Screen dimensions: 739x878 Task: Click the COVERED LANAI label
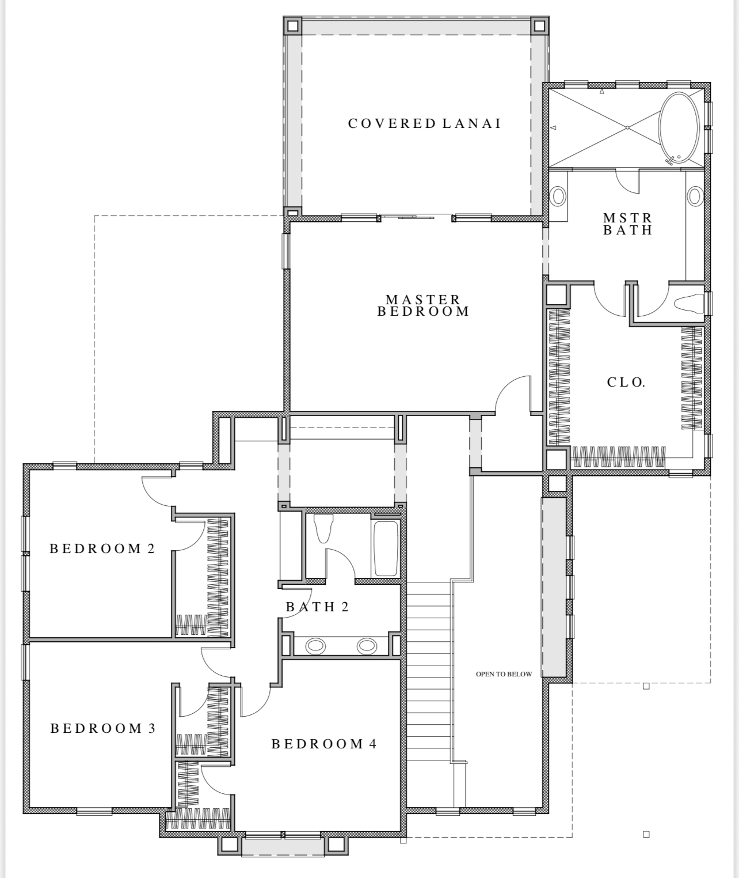pos(424,124)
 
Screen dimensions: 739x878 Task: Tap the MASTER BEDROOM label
pos(423,305)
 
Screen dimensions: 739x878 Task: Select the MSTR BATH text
pos(628,224)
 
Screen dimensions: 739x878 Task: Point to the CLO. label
pos(626,382)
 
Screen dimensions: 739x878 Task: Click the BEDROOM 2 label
pos(102,548)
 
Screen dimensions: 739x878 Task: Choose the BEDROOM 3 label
pos(103,728)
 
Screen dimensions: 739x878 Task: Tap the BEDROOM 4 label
pos(324,744)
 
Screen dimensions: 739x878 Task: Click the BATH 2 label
pos(317,607)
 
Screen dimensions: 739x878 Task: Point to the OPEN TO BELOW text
pos(504,674)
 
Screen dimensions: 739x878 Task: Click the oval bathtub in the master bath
pos(679,128)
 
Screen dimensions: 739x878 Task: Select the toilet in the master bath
pos(688,303)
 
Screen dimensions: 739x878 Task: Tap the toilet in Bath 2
pos(323,528)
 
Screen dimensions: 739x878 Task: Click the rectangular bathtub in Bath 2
pos(386,548)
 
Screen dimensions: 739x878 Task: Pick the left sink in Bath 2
pos(315,646)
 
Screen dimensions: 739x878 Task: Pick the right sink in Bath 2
pos(367,646)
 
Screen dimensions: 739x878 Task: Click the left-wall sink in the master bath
pos(558,196)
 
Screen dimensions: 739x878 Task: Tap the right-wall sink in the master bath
pos(695,196)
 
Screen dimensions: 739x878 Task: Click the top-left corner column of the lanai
pos(292,26)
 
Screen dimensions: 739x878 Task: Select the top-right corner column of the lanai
pos(539,26)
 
